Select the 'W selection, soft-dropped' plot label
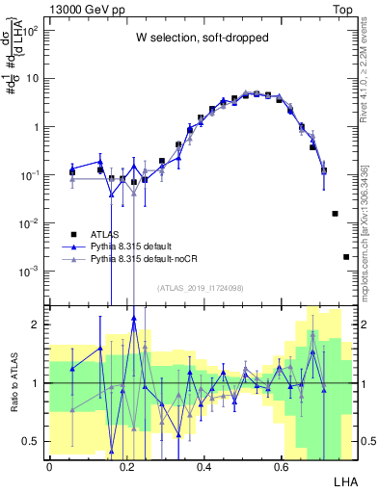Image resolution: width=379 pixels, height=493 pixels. coord(203,39)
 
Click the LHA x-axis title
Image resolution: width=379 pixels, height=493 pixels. coord(345,479)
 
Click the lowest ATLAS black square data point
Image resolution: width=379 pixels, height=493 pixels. coord(346,257)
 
